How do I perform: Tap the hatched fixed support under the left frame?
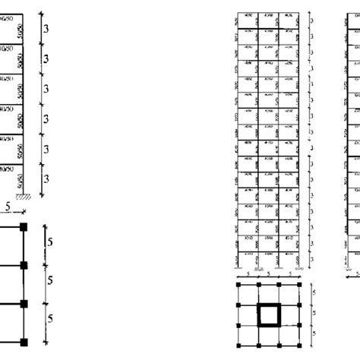24,197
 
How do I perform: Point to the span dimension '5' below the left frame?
8,206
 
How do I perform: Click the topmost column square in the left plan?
24,226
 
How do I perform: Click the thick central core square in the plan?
269,314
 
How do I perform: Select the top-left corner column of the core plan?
239,286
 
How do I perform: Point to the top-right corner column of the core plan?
298,286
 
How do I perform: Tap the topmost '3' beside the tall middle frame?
312,23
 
